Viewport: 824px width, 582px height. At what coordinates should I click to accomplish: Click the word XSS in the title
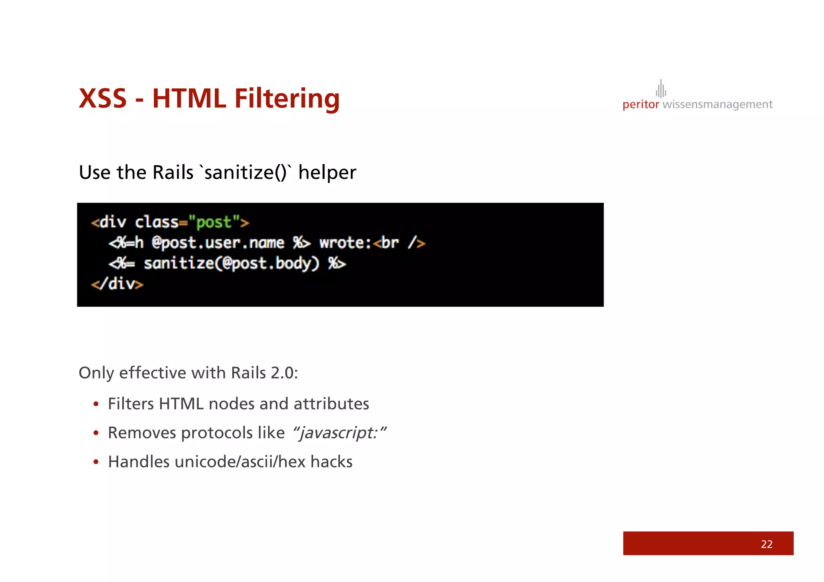pyautogui.click(x=103, y=99)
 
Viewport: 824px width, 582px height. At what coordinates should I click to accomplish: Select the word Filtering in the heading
pyautogui.click(x=287, y=99)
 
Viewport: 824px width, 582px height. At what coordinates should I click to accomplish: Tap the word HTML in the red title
pyautogui.click(x=189, y=99)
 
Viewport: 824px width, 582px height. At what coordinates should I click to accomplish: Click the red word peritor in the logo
pyautogui.click(x=641, y=105)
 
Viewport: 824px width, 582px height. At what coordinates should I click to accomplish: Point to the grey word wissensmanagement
pyautogui.click(x=717, y=105)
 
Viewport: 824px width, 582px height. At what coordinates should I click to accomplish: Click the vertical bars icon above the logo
pyautogui.click(x=661, y=89)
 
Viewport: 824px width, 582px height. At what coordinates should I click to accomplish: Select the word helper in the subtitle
pyautogui.click(x=327, y=173)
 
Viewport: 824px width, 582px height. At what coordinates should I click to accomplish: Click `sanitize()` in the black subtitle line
pyautogui.click(x=245, y=173)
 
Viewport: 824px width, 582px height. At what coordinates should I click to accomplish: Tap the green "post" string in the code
pyautogui.click(x=214, y=222)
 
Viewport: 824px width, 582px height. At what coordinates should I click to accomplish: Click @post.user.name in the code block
pyautogui.click(x=218, y=243)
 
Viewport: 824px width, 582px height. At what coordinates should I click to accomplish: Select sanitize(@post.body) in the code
pyautogui.click(x=231, y=263)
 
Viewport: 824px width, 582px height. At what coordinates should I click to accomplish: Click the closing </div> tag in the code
pyautogui.click(x=117, y=284)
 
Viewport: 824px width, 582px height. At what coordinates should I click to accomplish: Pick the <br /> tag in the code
pyautogui.click(x=399, y=243)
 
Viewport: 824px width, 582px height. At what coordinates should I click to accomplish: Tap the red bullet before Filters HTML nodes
pyautogui.click(x=96, y=404)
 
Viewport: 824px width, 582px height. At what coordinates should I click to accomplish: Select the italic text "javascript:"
pyautogui.click(x=339, y=433)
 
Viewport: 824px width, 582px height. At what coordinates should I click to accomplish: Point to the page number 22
pyautogui.click(x=766, y=544)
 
